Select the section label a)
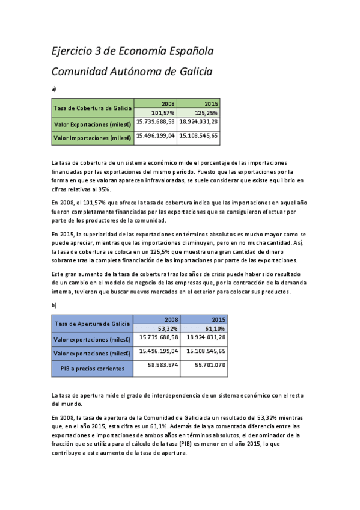[54, 88]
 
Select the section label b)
[54, 305]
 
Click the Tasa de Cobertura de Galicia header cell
[93, 108]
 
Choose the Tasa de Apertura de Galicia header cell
[93, 324]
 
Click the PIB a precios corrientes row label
[93, 368]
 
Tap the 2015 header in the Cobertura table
[211, 103]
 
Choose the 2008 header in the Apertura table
[170, 319]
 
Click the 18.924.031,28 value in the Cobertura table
[198, 121]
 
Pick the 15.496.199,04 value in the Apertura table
[157, 351]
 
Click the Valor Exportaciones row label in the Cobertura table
[93, 124]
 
